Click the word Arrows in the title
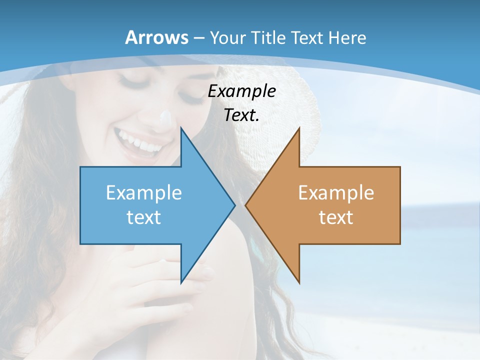[156, 37]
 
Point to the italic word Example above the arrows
[241, 91]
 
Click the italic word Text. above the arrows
[241, 115]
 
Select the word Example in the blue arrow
[144, 192]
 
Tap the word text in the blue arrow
[144, 217]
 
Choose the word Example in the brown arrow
[336, 192]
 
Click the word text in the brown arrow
[336, 217]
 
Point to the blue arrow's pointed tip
[234, 205]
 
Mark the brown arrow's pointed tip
[246, 205]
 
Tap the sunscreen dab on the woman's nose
[165, 119]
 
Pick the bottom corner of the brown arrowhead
[299, 282]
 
